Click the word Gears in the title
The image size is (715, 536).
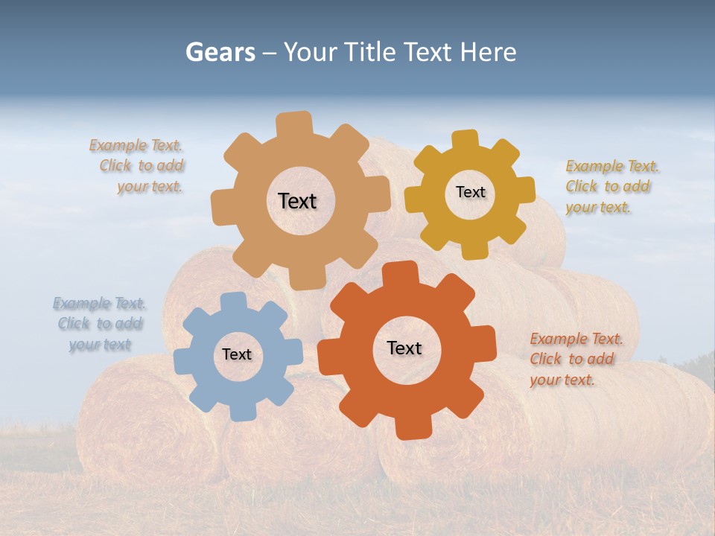tap(220, 52)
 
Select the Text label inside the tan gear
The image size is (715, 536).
tap(297, 201)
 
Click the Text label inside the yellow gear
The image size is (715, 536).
tap(470, 192)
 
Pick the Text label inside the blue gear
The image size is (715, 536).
tap(237, 354)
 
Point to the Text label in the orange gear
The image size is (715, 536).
tap(404, 348)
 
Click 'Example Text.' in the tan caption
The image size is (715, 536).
tap(136, 145)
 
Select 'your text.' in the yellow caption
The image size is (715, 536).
tap(597, 208)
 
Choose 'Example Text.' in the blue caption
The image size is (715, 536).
tap(99, 303)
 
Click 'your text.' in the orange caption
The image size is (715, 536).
tap(562, 380)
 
